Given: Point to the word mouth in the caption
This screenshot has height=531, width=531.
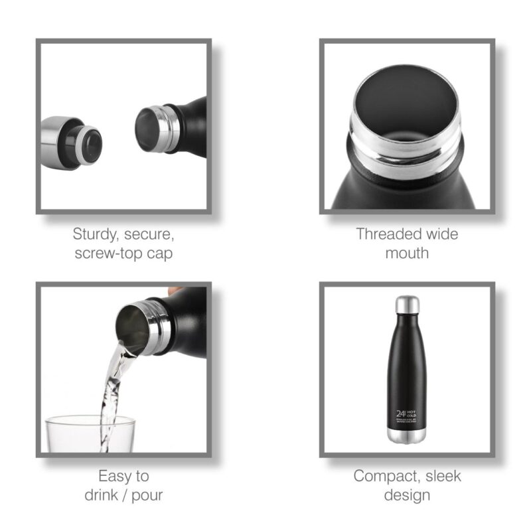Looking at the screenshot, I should coord(407,253).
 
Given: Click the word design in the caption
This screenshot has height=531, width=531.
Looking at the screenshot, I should coord(407,495).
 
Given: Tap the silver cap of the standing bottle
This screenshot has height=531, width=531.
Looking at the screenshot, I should coord(407,305).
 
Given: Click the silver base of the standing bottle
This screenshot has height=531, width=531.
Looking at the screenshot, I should coord(407,437).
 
